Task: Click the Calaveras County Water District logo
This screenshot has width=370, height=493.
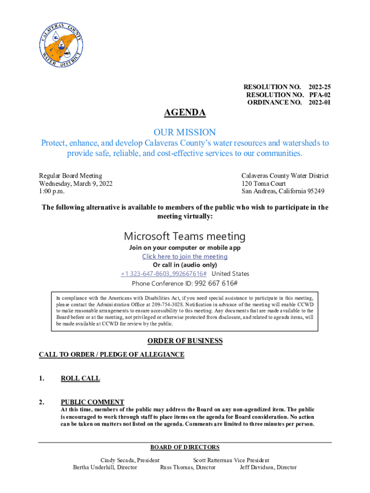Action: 61,46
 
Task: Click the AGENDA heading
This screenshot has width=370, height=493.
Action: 185,113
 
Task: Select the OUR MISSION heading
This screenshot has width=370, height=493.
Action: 185,132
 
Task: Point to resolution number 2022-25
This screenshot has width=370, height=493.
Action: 319,87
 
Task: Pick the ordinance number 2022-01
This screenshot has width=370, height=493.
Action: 319,103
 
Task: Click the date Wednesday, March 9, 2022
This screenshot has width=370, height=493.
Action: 75,184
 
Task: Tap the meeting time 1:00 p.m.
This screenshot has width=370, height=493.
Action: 52,191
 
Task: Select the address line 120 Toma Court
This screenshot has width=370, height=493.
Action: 263,184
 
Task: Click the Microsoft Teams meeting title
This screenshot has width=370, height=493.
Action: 185,236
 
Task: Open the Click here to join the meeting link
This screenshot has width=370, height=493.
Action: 185,257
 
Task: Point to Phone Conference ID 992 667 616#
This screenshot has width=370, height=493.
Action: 185,283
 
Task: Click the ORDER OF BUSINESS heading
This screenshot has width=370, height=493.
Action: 185,341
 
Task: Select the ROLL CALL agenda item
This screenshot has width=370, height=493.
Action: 80,378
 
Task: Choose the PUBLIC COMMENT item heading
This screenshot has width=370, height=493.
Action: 92,402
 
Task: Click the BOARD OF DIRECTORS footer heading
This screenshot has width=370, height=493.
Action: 185,447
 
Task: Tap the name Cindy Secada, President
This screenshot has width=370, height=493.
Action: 129,460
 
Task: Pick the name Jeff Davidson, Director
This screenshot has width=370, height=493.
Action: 268,467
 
